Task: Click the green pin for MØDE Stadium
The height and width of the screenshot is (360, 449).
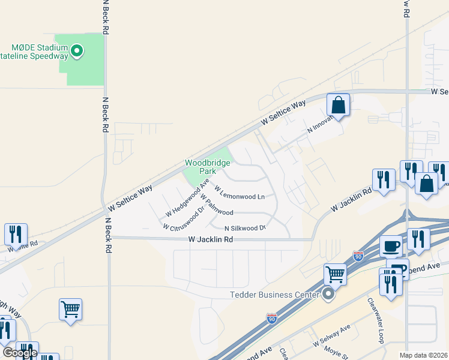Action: [x=77, y=52]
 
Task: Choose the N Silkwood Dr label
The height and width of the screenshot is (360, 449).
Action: [x=245, y=228]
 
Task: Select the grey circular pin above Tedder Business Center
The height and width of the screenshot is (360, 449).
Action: [x=328, y=294]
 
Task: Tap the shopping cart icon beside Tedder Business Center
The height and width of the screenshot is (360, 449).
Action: [x=336, y=275]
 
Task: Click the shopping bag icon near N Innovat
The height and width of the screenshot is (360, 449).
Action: [x=339, y=105]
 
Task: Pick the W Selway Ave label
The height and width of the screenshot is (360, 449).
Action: [x=331, y=337]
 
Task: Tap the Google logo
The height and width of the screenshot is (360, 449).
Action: [x=20, y=353]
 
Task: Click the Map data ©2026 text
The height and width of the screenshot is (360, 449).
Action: [x=423, y=355]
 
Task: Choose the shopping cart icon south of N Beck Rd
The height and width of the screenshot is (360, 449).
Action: [x=70, y=309]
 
